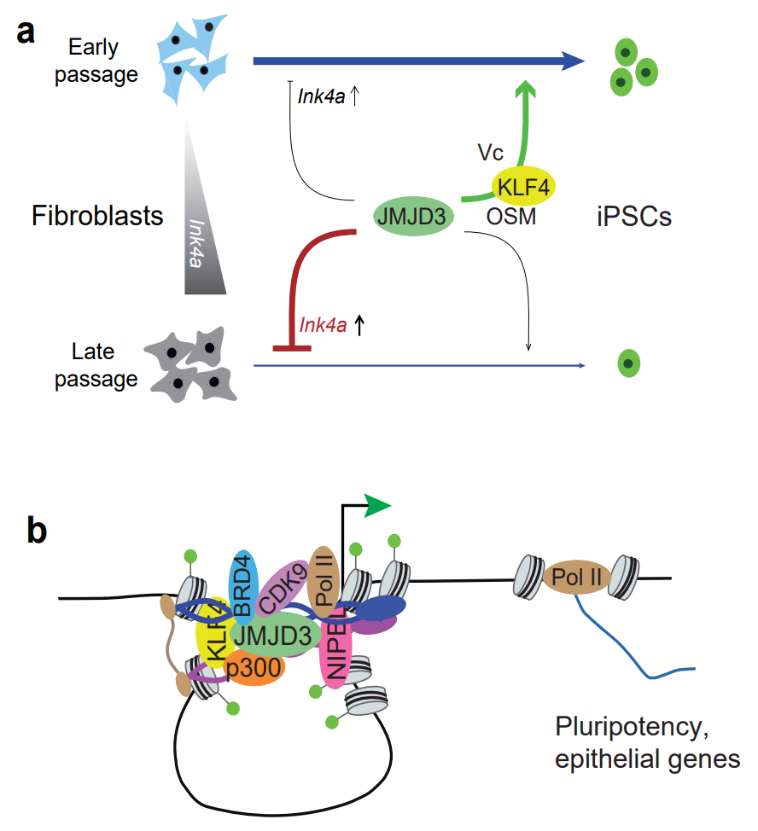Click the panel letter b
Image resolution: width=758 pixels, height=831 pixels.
click(x=37, y=530)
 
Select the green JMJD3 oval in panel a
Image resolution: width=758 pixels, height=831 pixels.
click(x=413, y=218)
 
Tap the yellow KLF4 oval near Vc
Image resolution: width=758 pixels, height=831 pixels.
click(x=522, y=187)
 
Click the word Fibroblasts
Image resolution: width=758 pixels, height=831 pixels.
click(x=97, y=216)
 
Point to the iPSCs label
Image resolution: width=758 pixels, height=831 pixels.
click(x=633, y=216)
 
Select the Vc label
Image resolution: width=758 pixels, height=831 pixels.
click(x=491, y=153)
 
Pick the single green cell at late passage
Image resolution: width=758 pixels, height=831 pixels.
click(x=628, y=364)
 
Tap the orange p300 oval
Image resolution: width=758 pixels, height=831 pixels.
click(x=253, y=670)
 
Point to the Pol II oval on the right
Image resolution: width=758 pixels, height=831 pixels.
click(x=577, y=579)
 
